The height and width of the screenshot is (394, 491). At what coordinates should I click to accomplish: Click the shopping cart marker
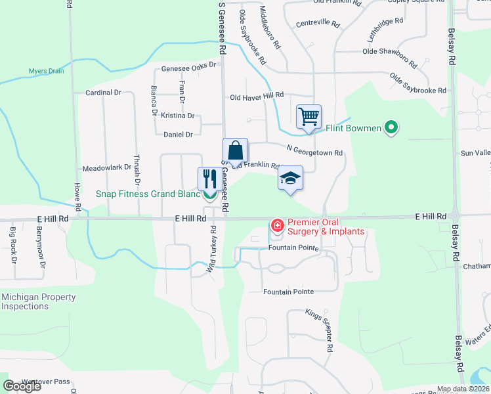click(309, 118)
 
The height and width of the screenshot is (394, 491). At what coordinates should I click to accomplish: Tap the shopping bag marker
click(236, 150)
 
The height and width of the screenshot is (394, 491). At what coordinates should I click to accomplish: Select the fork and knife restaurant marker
click(210, 179)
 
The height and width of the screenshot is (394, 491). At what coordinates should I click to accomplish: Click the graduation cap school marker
click(290, 178)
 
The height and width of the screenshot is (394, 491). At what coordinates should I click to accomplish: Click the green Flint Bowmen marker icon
click(391, 127)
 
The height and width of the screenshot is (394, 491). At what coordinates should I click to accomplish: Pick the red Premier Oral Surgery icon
click(277, 226)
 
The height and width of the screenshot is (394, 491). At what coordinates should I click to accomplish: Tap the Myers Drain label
click(46, 71)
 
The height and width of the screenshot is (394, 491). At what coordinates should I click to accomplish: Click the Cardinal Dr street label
click(104, 93)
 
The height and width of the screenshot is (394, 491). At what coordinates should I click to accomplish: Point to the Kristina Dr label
click(178, 116)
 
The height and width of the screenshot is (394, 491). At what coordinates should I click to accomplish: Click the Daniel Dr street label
click(178, 135)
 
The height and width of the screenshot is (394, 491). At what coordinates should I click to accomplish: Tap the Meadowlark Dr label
click(106, 168)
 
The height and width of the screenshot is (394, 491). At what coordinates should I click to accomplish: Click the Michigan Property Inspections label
click(38, 301)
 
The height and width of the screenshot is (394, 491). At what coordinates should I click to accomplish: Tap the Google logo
click(22, 385)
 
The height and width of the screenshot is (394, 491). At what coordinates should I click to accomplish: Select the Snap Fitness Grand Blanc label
click(148, 194)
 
